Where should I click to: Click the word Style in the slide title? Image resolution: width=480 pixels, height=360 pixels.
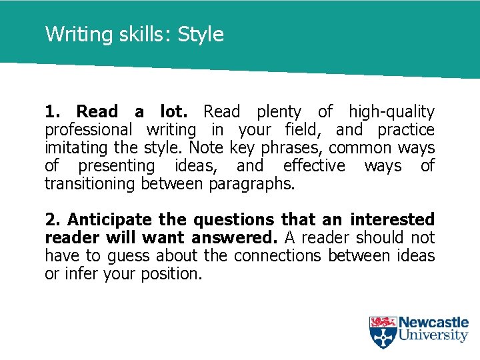click(x=201, y=35)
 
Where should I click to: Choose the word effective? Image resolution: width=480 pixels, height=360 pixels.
click(x=314, y=166)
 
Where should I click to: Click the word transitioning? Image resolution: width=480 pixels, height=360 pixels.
click(x=90, y=184)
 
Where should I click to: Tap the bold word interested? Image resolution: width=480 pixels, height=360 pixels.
click(x=393, y=220)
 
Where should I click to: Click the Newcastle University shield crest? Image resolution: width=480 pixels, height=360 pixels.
click(x=383, y=332)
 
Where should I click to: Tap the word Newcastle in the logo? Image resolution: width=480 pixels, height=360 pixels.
click(x=433, y=323)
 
